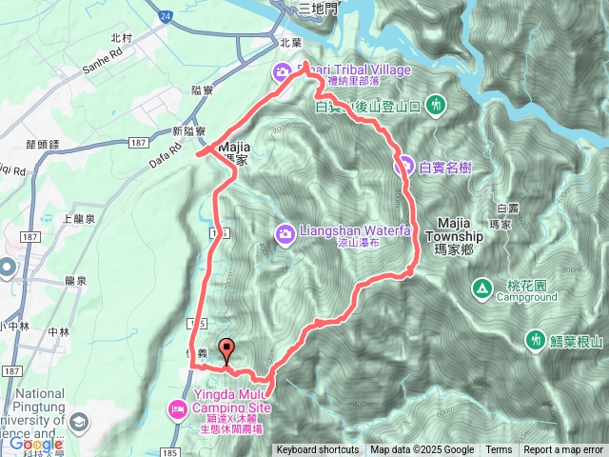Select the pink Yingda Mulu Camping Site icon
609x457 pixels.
point(177,409)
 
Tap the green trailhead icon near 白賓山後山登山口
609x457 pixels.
point(436,103)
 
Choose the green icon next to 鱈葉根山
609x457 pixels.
point(536,340)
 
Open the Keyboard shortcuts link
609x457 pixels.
point(318,450)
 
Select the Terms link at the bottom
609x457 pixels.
point(499,450)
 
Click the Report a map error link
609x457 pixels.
point(563,450)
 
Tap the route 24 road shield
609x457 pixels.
point(166,16)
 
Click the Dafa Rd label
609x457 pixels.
point(164,154)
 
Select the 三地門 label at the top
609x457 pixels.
point(317,8)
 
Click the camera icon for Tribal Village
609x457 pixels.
point(284,71)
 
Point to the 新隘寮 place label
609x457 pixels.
point(189,130)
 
